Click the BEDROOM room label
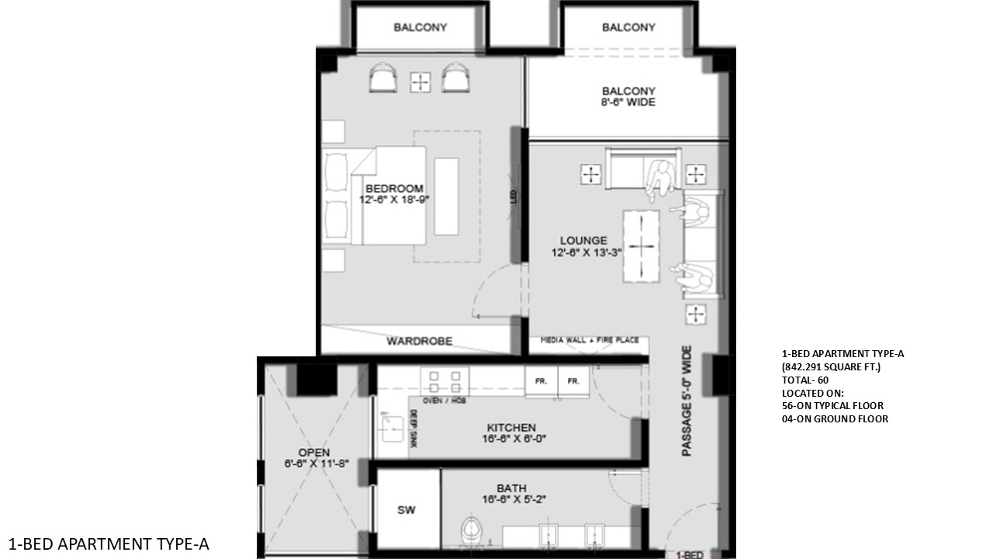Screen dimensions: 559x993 click(x=394, y=189)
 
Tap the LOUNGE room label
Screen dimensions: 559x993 click(x=583, y=241)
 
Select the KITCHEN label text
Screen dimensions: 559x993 click(x=511, y=428)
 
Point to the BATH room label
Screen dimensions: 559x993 click(x=511, y=488)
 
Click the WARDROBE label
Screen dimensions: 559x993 click(x=419, y=341)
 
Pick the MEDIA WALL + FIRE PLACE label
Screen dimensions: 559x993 click(x=590, y=340)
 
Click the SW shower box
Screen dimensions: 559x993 click(x=407, y=510)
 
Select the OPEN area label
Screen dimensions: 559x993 click(x=314, y=453)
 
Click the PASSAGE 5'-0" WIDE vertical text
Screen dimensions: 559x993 click(x=687, y=401)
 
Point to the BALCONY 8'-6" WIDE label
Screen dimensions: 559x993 click(x=628, y=96)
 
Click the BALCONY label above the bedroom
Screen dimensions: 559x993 click(x=420, y=28)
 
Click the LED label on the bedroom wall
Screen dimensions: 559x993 click(x=514, y=198)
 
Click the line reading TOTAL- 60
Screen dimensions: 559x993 click(x=805, y=380)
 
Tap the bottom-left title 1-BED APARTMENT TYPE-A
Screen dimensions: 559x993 click(x=109, y=543)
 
